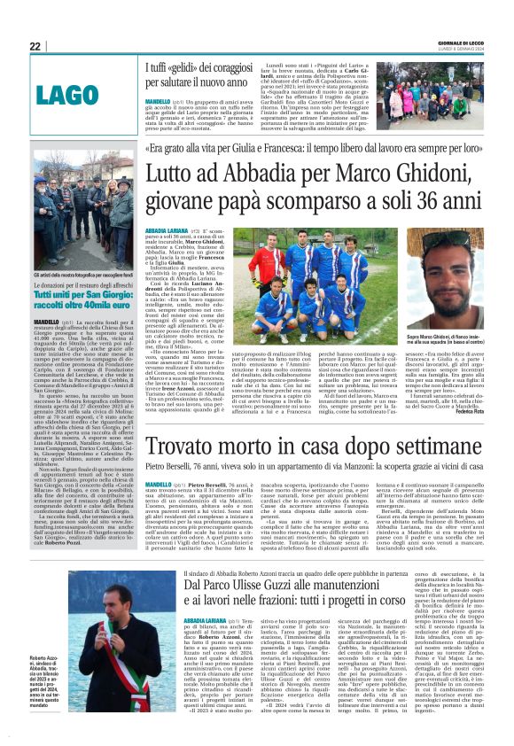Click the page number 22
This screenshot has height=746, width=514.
pos(35,46)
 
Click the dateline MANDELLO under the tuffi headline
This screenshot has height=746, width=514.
pos(160,102)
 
